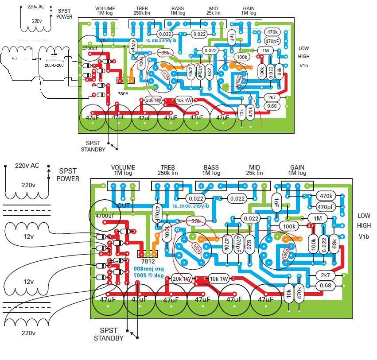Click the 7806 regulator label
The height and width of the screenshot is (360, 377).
click(123, 94)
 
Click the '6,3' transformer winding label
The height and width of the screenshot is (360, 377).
click(15, 58)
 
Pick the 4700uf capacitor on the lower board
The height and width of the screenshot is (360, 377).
click(105, 216)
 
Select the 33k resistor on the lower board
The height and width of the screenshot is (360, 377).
click(195, 221)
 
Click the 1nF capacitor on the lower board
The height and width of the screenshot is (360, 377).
click(276, 203)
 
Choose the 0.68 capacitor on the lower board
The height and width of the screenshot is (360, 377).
click(325, 286)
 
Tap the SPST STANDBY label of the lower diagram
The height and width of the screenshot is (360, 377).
click(109, 334)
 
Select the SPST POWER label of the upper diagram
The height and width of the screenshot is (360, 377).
click(64, 14)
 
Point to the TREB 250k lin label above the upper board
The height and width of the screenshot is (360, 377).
click(142, 11)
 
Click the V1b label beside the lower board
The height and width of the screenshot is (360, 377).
click(364, 236)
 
